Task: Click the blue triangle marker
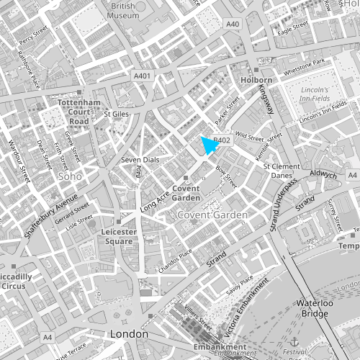coord(209,145)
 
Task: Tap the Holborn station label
coord(260,80)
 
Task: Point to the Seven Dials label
coord(138,159)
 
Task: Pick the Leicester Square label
coord(117,237)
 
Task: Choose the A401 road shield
coord(143,75)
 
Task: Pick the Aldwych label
coord(323,174)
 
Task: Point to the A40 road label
coord(232,24)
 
